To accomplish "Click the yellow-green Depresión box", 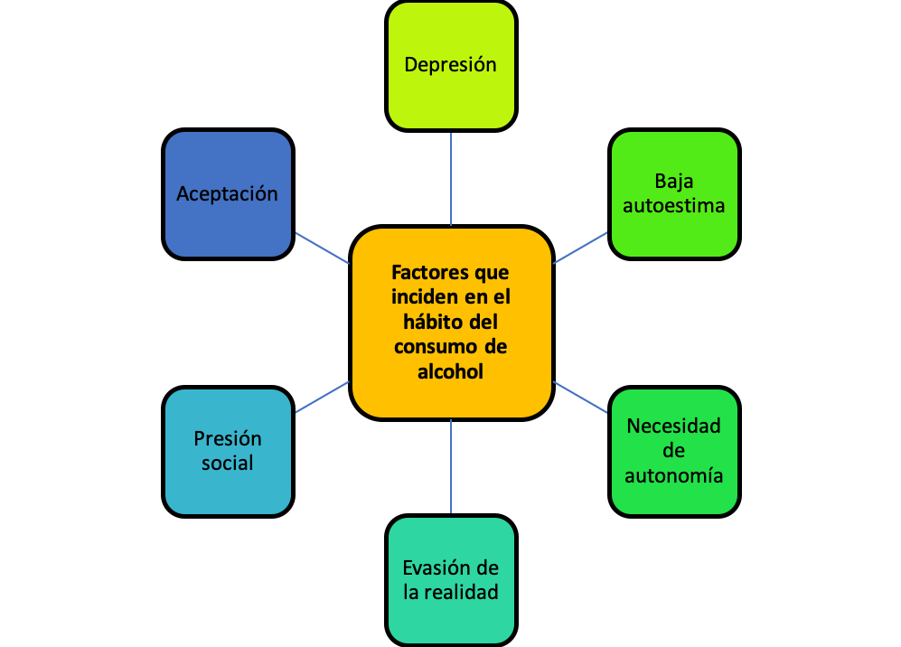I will coord(451,65).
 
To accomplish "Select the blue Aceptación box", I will coord(228,193).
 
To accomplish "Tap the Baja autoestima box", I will coord(674,193).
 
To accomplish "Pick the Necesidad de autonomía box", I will coord(674,451).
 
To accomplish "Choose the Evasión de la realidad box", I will coord(451,580).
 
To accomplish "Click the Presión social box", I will coord(228,451).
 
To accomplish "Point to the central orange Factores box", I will coord(451,323).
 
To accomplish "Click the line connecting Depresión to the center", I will coord(451,178).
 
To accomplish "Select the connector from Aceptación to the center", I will coord(323,248).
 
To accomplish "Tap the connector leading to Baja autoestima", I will coord(580,248).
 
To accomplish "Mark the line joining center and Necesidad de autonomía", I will coord(580,397).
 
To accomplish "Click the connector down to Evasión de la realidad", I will coord(451,467).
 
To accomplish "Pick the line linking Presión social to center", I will coord(323,397).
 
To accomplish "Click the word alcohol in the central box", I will coord(451,371).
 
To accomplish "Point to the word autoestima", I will coord(674,205).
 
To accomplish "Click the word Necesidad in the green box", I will coord(674,427).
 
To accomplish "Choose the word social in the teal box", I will coord(228,463).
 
